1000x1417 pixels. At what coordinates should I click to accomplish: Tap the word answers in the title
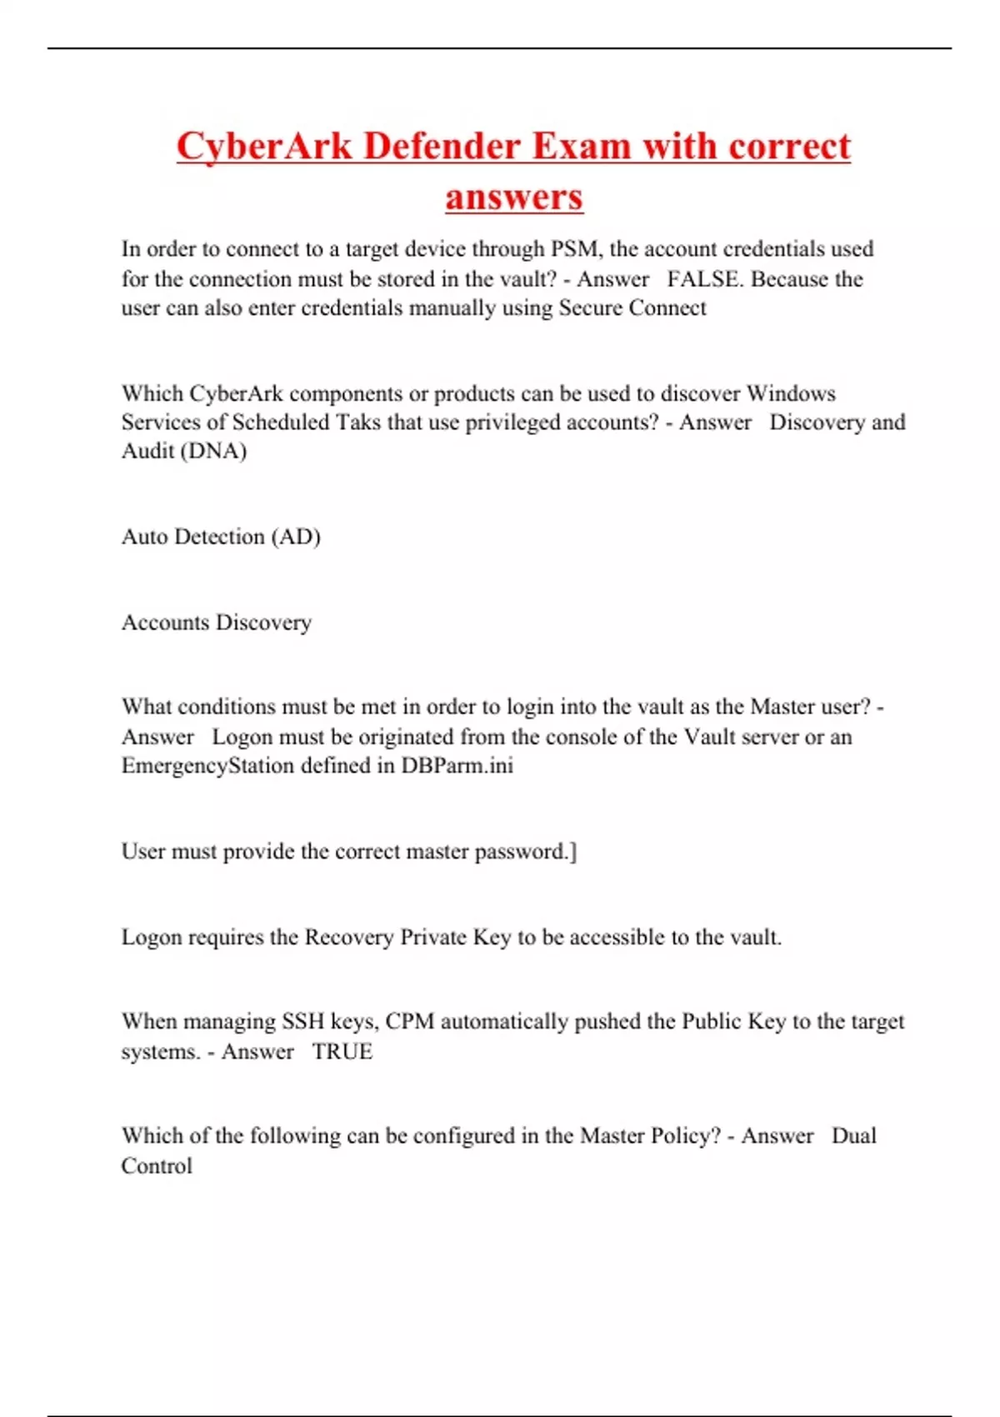tap(513, 198)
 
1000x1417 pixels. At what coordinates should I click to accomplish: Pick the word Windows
tap(791, 393)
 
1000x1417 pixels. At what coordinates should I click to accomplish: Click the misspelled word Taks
tap(358, 423)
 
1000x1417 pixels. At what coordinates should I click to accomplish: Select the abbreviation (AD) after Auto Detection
tap(296, 537)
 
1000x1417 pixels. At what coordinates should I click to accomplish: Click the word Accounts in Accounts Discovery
tap(165, 623)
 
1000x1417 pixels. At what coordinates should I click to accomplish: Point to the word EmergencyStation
tap(207, 766)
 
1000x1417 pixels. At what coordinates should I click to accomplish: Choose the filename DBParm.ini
tap(457, 766)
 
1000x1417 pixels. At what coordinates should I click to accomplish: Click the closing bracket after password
tap(572, 852)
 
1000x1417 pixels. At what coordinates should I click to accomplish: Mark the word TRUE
tap(342, 1052)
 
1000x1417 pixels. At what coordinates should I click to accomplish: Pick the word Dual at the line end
tap(854, 1136)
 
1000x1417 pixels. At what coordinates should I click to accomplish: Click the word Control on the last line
tap(157, 1166)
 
